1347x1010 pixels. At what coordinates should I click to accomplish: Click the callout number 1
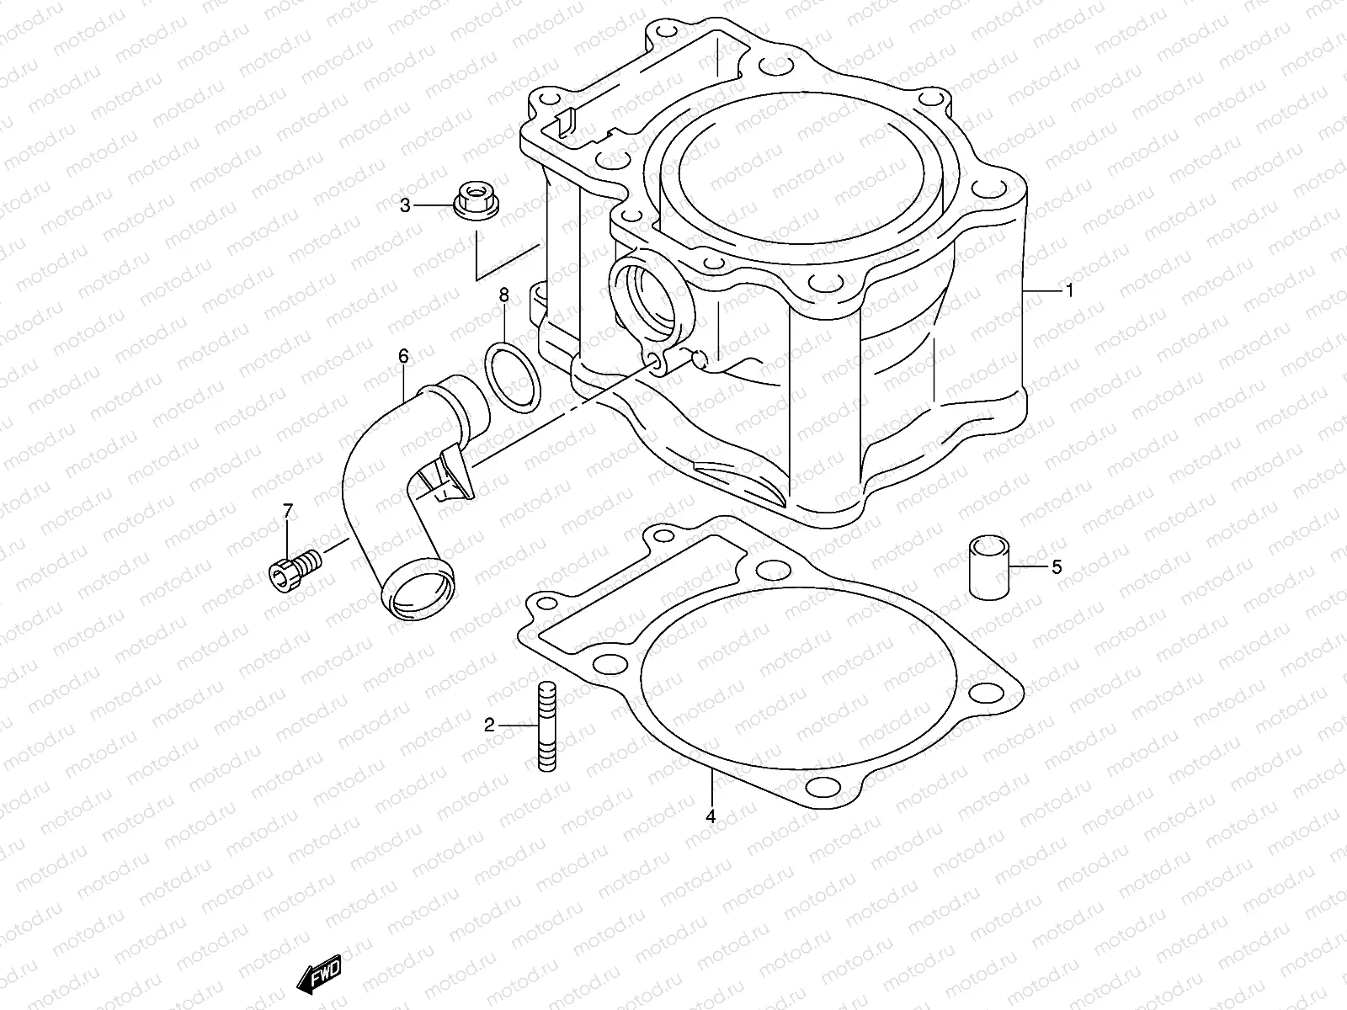tap(1069, 291)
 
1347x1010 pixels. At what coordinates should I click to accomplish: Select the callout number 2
tap(489, 725)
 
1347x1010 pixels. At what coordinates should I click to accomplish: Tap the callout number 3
tap(405, 205)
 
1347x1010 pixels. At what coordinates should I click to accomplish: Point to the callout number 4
tap(711, 816)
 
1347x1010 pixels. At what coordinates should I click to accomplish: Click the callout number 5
tap(1056, 567)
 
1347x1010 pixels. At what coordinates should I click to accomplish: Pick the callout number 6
tap(403, 357)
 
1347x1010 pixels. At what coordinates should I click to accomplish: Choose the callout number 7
tap(287, 511)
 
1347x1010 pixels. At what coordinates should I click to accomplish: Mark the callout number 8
tap(503, 295)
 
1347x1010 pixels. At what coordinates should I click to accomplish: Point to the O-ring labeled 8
tap(513, 378)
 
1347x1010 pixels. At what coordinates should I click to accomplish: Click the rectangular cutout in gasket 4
tap(640, 589)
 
